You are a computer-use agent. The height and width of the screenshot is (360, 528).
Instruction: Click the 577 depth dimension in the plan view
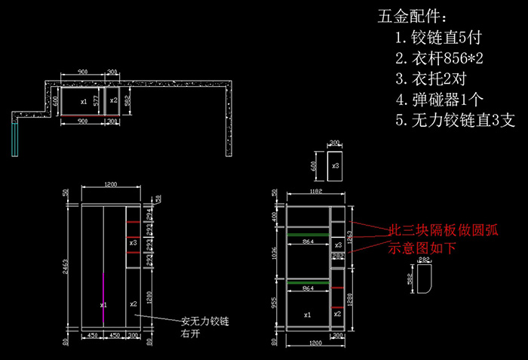[x=95, y=98]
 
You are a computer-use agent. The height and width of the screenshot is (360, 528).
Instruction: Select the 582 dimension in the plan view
[x=127, y=100]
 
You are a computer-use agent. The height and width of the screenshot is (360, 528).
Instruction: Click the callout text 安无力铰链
[x=204, y=322]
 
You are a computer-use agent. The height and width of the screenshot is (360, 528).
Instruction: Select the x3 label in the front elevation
[x=132, y=243]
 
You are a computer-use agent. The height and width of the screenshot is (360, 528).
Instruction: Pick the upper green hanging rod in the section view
[x=308, y=235]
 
